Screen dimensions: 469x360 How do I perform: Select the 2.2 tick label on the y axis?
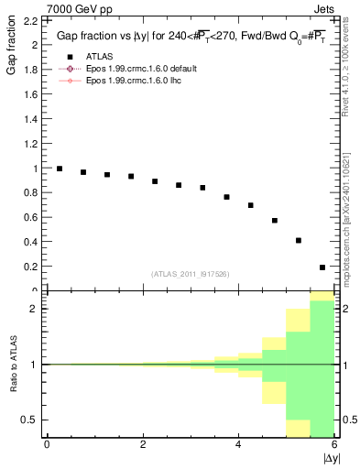[27, 19]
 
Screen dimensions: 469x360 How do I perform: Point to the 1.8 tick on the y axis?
[27, 69]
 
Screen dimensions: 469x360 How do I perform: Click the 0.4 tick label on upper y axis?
[27, 242]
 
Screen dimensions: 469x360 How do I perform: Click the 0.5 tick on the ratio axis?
[27, 420]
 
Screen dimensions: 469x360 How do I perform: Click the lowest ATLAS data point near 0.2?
[322, 267]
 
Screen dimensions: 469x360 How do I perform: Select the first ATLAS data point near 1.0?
[60, 169]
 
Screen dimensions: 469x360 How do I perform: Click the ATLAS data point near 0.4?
[299, 240]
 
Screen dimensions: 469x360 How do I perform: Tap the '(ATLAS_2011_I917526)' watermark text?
[189, 274]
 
